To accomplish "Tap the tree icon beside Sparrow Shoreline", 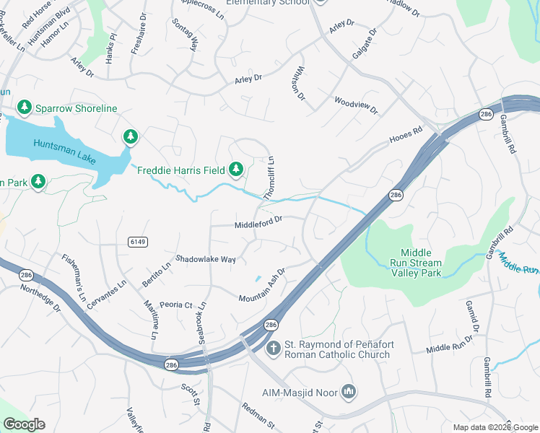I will (25, 108).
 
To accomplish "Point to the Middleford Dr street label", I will (258, 225).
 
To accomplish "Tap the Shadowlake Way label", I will (206, 259).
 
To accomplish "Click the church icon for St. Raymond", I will (273, 349).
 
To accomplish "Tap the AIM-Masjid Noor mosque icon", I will (349, 392).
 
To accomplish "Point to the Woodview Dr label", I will (356, 105).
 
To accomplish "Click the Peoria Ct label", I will (176, 305).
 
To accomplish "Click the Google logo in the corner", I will (25, 424).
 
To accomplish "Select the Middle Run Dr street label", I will (448, 348).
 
